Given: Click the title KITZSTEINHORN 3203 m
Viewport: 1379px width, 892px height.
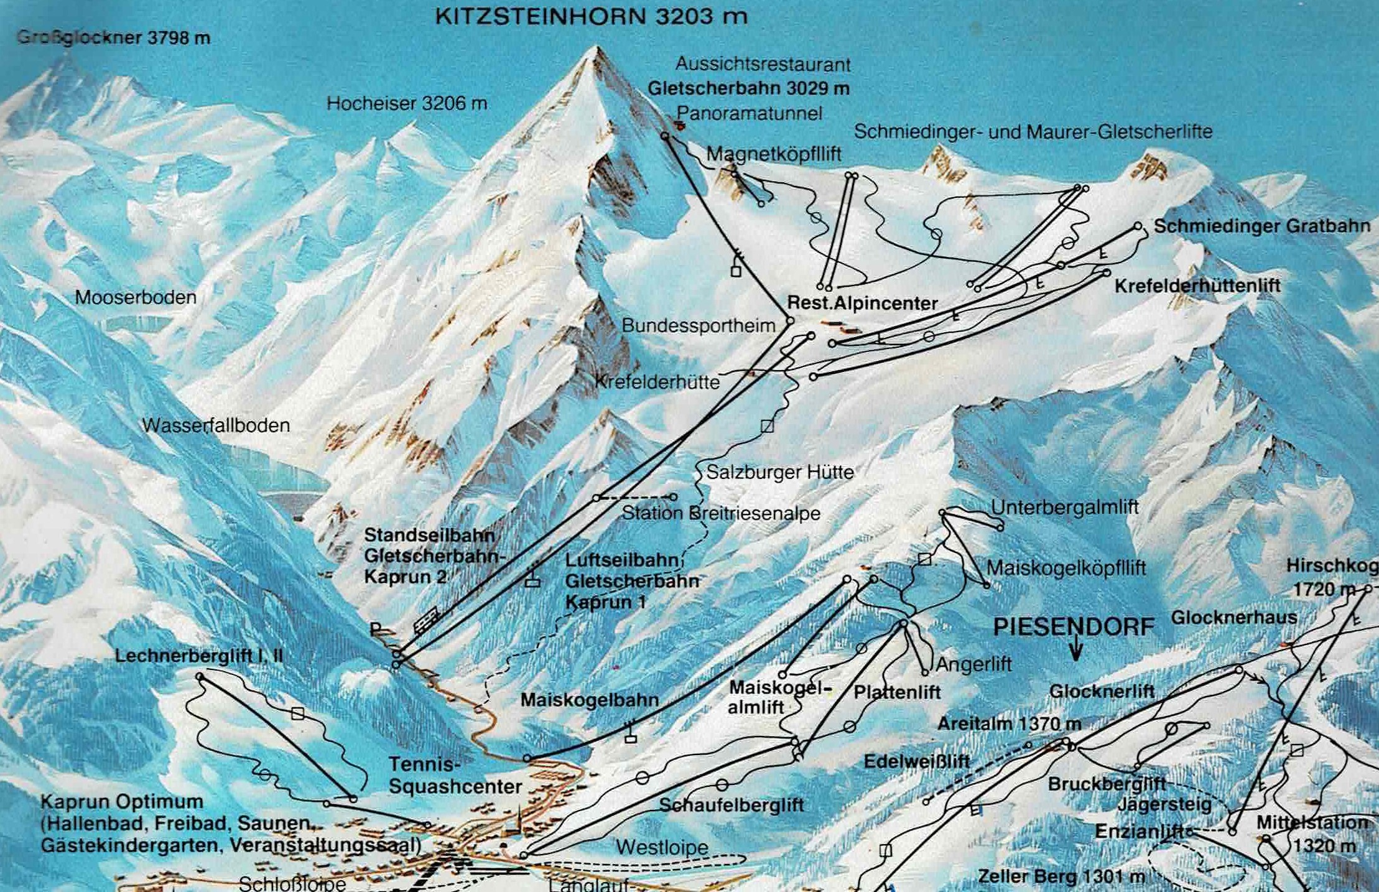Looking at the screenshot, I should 591,16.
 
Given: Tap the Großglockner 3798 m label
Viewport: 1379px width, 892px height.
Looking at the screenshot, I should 114,37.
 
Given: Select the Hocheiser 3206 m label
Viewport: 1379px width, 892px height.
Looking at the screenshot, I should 407,103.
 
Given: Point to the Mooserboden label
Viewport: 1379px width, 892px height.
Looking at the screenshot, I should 136,297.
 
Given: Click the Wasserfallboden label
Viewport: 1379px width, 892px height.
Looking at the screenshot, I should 216,425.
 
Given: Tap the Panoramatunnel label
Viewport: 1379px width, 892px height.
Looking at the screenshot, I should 749,113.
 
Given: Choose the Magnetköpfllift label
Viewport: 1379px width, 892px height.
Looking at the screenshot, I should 774,154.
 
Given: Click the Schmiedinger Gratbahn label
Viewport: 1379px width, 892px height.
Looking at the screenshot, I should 1261,226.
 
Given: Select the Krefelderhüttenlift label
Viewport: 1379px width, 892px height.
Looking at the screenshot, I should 1197,286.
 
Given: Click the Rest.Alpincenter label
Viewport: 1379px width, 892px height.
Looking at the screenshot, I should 862,304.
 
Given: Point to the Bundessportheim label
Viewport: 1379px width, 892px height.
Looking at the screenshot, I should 699,325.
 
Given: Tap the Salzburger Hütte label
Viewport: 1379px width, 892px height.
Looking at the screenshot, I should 780,472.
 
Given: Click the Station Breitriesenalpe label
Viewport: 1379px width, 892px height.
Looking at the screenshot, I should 721,513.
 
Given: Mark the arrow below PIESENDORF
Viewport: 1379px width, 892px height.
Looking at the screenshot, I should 1075,651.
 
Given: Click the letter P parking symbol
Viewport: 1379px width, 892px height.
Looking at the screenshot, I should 376,629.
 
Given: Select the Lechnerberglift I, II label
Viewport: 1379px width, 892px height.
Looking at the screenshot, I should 199,656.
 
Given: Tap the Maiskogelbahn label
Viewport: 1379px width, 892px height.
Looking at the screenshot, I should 589,700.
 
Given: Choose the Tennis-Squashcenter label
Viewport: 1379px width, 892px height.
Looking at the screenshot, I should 455,775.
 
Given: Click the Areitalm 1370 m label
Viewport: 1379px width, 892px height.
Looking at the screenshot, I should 1009,724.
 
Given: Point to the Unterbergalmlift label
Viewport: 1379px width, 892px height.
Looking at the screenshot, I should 1064,507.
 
